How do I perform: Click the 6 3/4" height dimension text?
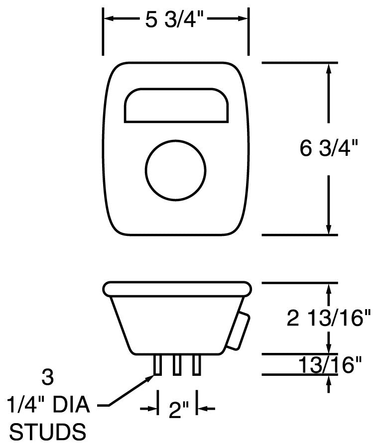pos(329,148)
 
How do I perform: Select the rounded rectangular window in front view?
pos(176,105)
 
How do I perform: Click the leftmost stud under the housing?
pos(157,365)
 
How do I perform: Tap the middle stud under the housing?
pos(177,365)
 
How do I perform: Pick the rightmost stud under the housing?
pos(196,365)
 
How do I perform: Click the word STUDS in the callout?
pos(47,432)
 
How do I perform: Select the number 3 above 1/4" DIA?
pos(47,377)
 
